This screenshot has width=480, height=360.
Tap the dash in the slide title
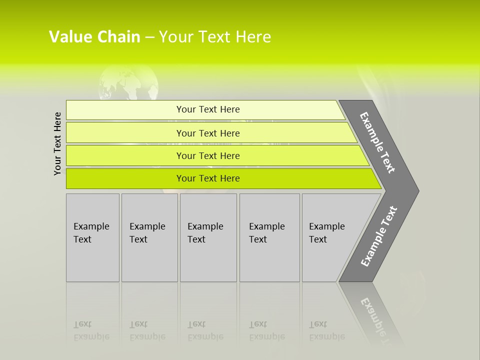[149, 37]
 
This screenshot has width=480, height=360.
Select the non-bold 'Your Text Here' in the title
[215, 37]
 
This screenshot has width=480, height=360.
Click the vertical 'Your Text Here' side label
[57, 143]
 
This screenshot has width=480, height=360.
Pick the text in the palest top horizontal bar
[208, 109]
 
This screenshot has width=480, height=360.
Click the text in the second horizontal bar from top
[208, 133]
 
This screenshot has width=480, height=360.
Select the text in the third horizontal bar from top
[208, 156]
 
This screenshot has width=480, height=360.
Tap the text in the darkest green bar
[208, 178]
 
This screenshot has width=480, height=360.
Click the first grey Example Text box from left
[92, 237]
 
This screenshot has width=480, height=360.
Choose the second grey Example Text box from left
[149, 237]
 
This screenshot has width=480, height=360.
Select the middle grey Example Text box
[208, 237]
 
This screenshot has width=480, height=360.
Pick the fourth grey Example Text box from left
[269, 237]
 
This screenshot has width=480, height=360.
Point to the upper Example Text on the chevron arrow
[377, 142]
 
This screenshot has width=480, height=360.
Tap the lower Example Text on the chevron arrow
[378, 236]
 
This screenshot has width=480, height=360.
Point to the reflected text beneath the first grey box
[91, 330]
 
